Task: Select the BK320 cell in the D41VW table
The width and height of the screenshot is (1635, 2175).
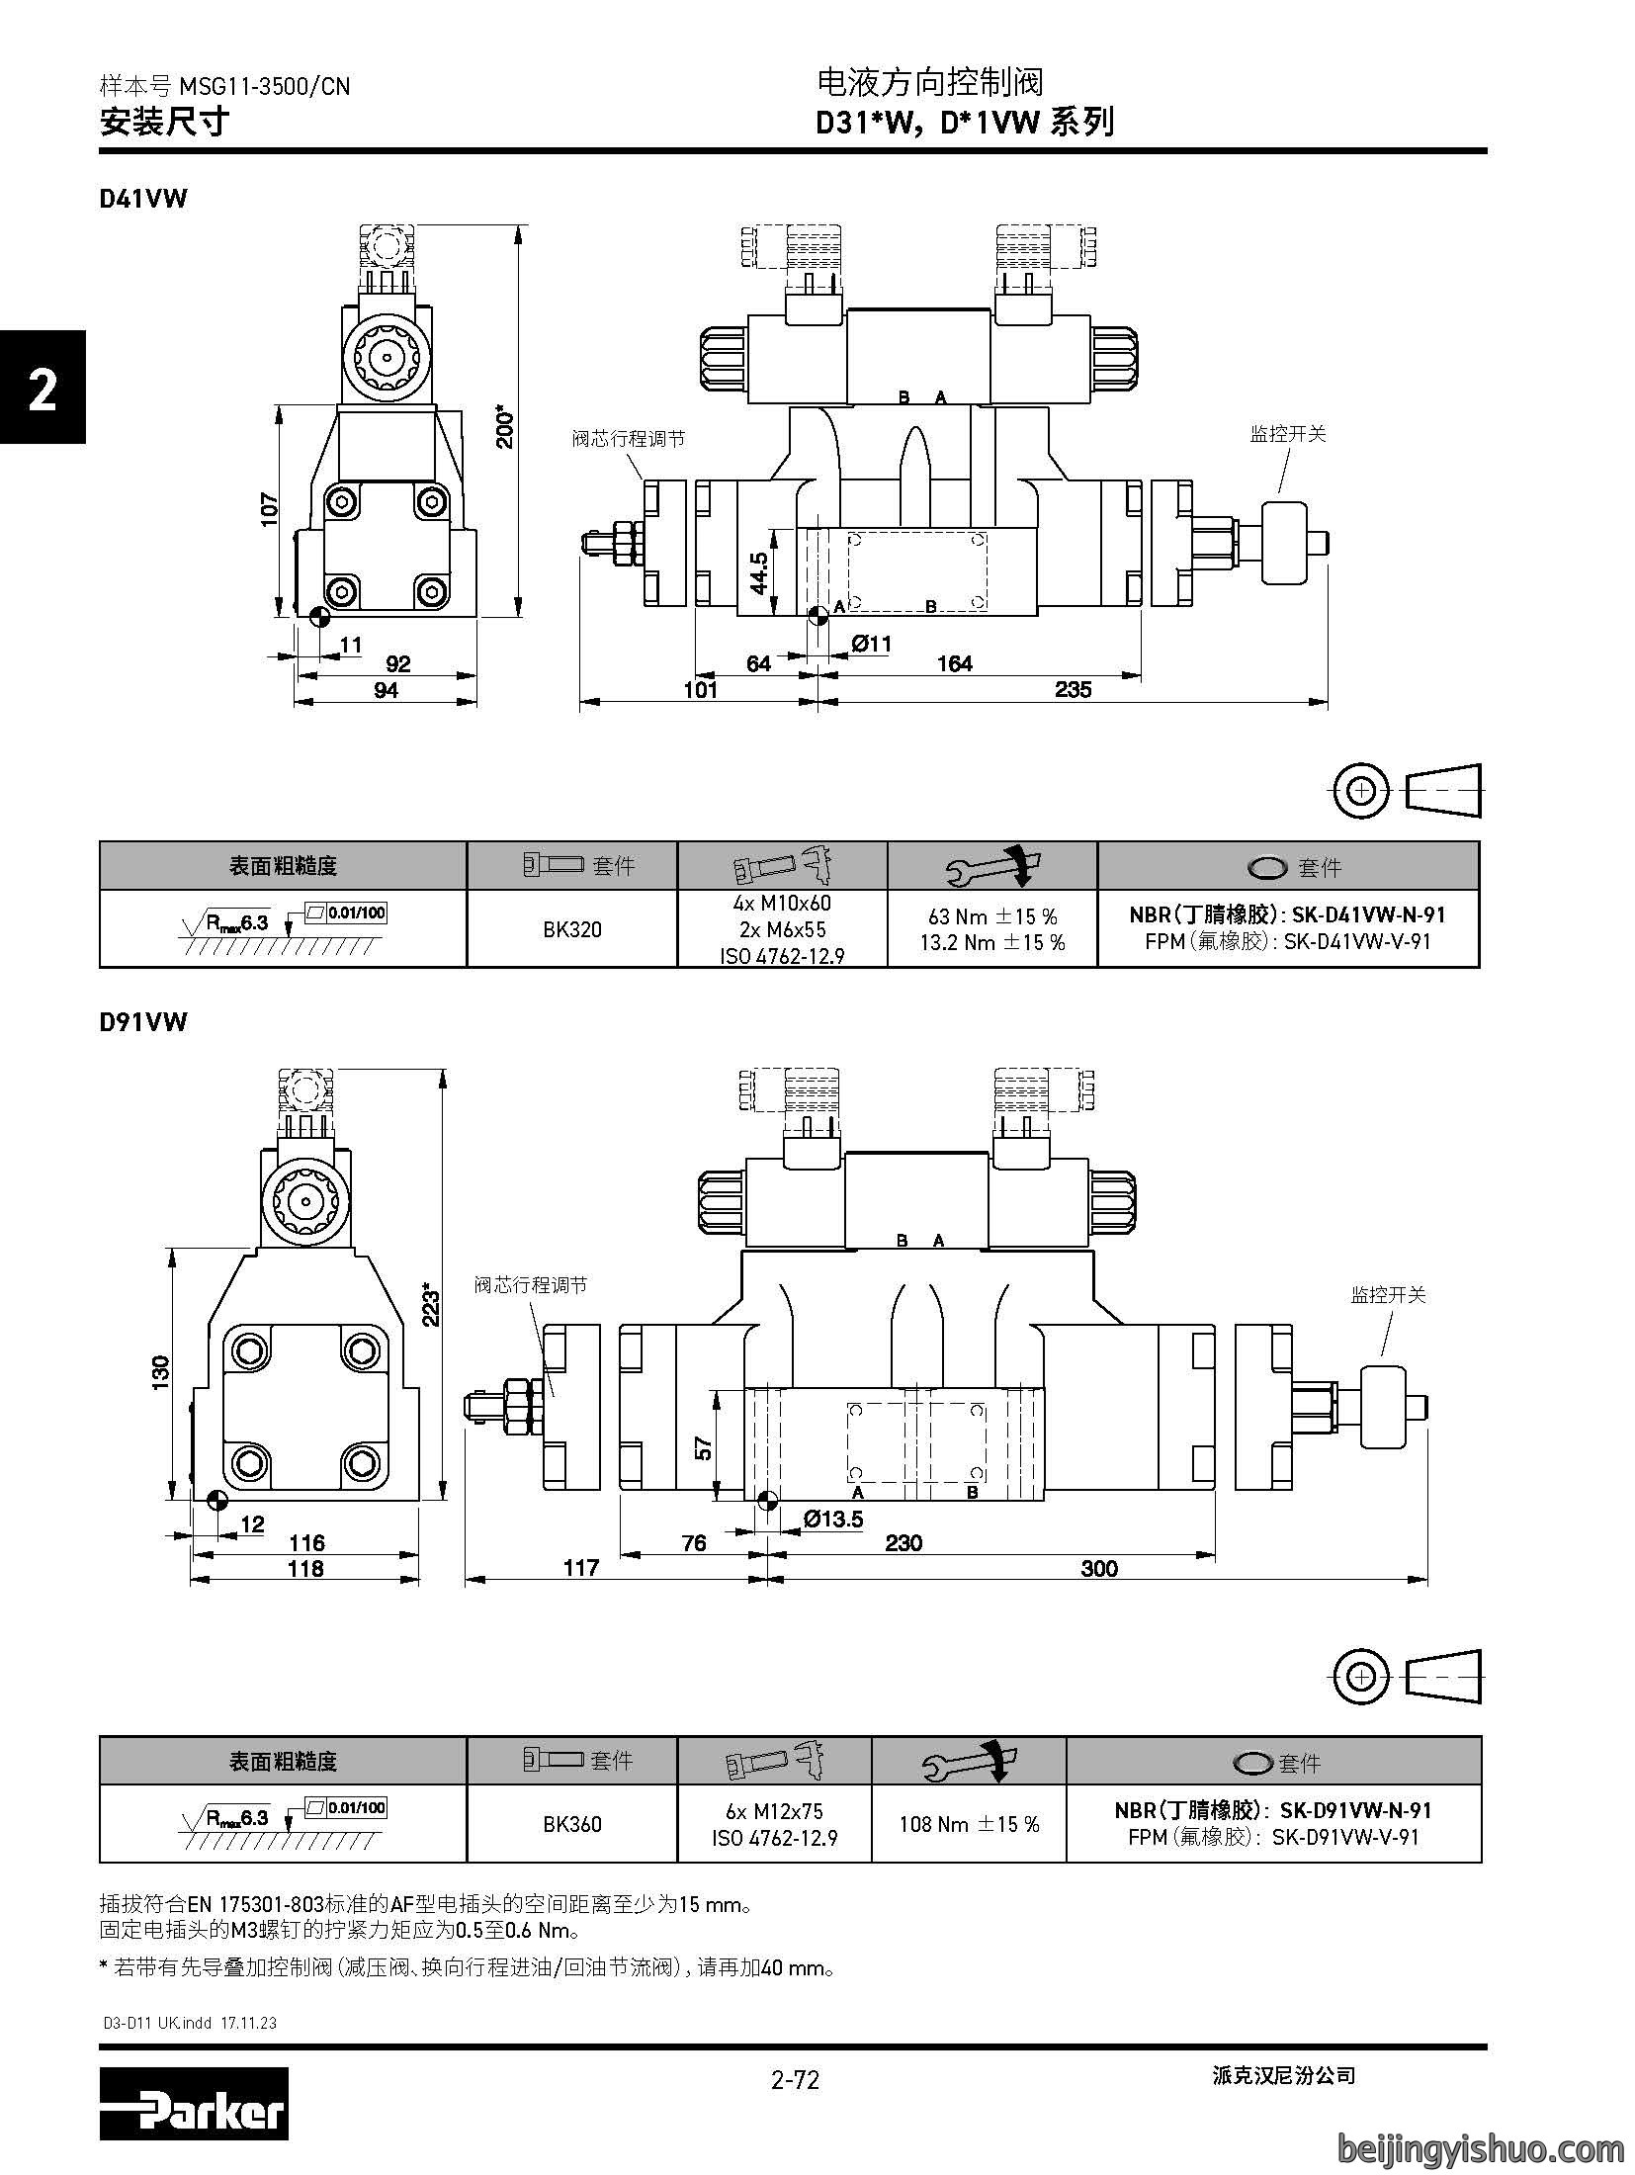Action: pos(572,928)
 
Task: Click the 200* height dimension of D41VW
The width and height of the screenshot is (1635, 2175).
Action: pos(505,425)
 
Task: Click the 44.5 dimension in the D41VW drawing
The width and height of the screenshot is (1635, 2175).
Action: pos(759,572)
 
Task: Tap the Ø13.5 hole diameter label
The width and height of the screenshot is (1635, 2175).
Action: pos(832,1519)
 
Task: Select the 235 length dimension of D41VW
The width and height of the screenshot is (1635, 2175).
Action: pos(1073,689)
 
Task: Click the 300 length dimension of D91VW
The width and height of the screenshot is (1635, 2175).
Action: pos(1099,1568)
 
